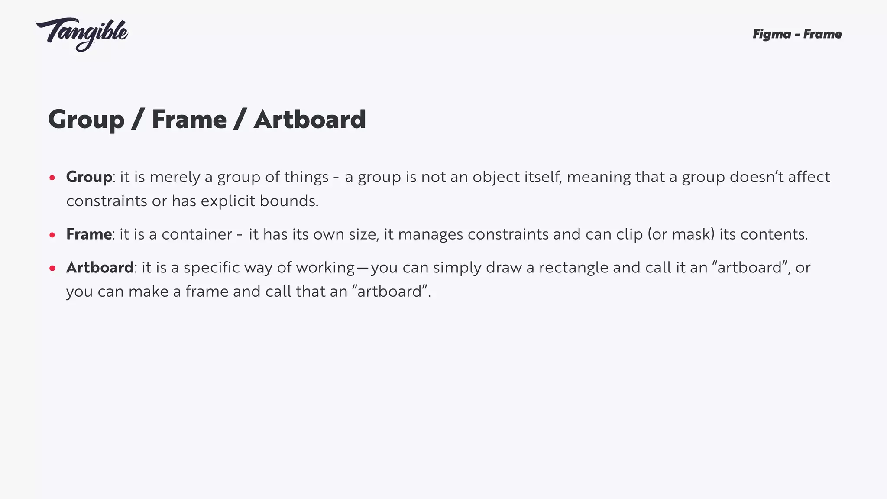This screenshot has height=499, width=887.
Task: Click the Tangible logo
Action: click(82, 34)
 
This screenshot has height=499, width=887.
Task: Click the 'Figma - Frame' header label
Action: click(797, 34)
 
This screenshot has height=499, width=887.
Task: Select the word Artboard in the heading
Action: click(310, 120)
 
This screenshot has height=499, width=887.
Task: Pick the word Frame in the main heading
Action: click(189, 120)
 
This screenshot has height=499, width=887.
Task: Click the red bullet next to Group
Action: click(52, 178)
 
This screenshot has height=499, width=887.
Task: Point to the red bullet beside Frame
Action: click(52, 235)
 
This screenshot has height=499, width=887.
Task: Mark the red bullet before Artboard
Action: click(52, 268)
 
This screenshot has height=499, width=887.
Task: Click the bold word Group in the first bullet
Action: click(89, 178)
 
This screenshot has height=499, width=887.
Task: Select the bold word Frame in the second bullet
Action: click(89, 234)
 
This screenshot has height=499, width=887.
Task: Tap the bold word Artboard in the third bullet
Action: click(100, 268)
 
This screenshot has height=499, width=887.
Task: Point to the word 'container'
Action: click(197, 234)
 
